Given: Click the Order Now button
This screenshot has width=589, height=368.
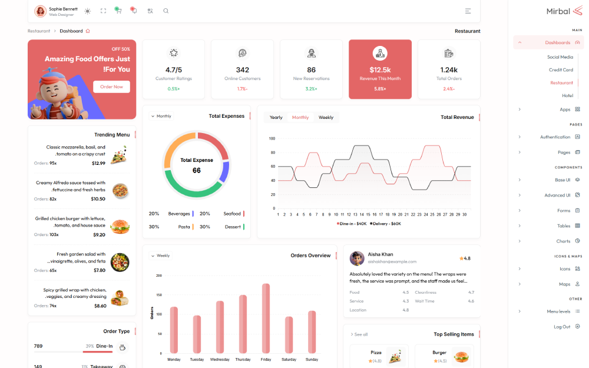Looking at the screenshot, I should point(111,87).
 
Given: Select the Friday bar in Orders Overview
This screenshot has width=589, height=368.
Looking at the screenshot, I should point(266,319).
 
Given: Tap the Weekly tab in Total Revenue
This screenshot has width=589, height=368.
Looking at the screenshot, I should point(326,117).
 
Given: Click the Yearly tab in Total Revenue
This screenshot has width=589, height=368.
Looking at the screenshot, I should point(276,117).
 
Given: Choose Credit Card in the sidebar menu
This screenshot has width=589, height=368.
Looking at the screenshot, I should point(561,70).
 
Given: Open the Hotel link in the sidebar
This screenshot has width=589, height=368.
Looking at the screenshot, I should point(567,95).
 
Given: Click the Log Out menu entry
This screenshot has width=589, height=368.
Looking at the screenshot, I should point(562,327).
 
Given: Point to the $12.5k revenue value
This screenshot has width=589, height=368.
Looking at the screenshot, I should point(380,69).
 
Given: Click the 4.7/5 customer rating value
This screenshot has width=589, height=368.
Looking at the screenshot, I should point(173,69).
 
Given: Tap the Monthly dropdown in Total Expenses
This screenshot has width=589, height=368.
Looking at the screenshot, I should point(161,116).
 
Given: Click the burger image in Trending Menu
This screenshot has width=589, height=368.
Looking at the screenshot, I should point(120,226).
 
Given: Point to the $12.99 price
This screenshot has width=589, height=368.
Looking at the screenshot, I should point(98,163).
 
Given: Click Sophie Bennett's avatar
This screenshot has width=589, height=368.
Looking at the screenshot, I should point(41,11).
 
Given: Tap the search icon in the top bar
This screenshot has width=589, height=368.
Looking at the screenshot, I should point(166,11).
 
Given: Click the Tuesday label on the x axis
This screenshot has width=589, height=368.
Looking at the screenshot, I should point(197,359).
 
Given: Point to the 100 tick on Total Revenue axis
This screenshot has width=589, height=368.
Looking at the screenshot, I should point(272,138).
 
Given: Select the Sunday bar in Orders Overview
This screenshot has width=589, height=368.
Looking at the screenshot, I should point(312,332).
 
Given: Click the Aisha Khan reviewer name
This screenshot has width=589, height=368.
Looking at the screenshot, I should point(380,254).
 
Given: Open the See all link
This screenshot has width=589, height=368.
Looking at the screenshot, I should point(359,334).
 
